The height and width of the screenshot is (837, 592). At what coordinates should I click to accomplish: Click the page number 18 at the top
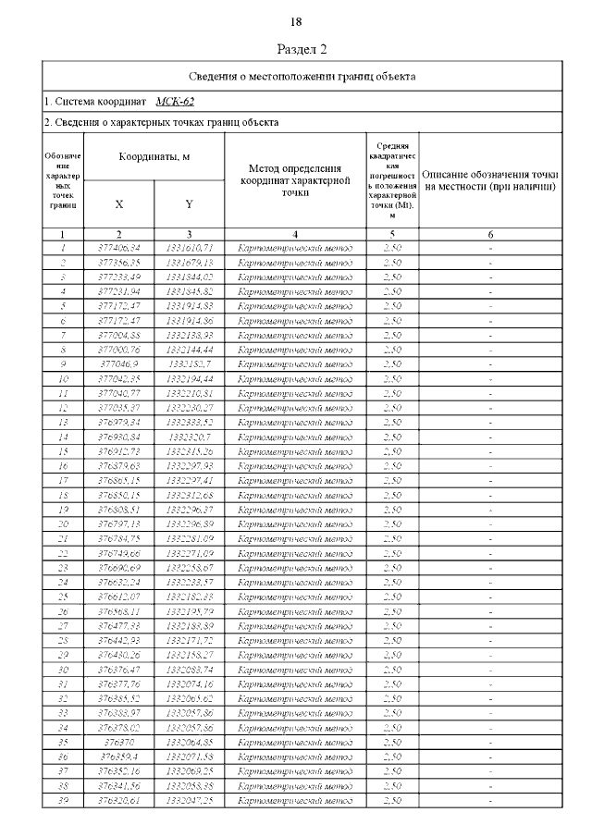tap(296, 21)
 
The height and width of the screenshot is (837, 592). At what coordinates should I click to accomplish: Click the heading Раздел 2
tap(302, 49)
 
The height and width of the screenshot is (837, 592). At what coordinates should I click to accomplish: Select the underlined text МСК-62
tap(175, 102)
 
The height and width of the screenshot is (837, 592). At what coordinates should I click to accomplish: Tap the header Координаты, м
tap(154, 157)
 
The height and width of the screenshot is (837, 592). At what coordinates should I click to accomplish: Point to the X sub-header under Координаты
tap(119, 203)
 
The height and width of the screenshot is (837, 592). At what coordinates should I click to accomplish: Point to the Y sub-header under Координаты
tap(189, 203)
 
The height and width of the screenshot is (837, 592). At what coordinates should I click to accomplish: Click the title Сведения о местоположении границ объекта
tap(302, 76)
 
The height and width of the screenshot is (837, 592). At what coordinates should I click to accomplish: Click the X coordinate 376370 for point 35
tap(119, 742)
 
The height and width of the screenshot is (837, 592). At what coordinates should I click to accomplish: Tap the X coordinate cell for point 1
tap(119, 248)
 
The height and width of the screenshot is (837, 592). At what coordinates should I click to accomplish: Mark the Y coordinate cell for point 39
tap(189, 800)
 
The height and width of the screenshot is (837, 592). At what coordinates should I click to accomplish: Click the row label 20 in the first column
tap(63, 523)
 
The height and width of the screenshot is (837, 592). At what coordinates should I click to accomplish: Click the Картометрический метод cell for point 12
tap(295, 407)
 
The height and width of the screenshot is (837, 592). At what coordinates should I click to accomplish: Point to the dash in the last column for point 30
tap(490, 669)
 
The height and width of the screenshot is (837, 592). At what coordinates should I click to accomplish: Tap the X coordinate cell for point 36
tap(119, 757)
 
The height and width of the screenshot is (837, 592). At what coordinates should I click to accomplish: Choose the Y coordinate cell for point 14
tap(189, 437)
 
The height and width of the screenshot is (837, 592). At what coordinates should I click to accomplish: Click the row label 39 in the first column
tap(63, 800)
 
